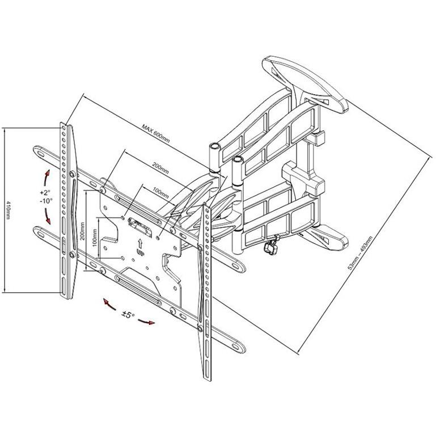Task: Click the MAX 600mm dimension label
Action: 156,133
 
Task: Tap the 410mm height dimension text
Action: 8,210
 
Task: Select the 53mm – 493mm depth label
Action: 360,253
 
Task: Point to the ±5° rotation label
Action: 128,315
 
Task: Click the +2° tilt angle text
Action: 45,192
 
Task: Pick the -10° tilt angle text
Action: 46,201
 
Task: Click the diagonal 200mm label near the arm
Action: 160,168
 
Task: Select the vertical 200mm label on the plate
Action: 82,231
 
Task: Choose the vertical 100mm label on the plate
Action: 95,238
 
